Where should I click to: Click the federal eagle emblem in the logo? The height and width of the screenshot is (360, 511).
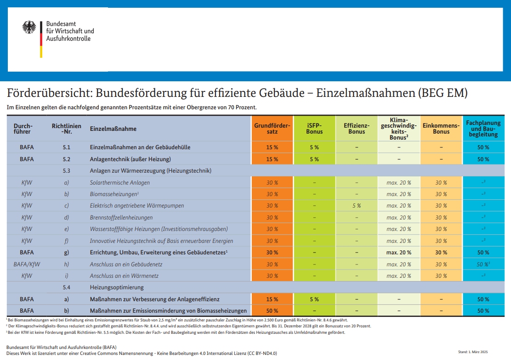[29, 28]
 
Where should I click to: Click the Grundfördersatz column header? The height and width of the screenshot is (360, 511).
[272, 129]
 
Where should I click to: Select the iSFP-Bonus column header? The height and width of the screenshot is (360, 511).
[314, 129]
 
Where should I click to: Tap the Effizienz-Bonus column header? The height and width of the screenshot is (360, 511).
[356, 129]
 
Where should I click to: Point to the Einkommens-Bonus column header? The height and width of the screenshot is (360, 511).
[441, 129]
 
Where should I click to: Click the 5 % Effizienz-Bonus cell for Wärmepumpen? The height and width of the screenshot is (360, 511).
[356, 206]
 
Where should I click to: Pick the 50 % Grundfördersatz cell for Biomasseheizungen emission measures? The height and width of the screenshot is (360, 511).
[272, 311]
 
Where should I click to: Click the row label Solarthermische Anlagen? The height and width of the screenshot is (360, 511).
[119, 183]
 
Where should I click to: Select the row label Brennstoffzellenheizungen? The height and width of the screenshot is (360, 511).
[121, 218]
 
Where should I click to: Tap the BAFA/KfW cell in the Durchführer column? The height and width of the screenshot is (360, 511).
[27, 264]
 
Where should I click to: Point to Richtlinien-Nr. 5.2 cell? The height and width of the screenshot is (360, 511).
[66, 159]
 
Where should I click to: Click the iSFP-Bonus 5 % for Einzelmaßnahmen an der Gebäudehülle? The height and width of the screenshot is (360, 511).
[314, 147]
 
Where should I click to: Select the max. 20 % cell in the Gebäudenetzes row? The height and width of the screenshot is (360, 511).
[398, 253]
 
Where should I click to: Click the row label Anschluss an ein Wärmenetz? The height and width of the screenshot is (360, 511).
[125, 276]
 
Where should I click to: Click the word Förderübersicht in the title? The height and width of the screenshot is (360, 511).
[40, 93]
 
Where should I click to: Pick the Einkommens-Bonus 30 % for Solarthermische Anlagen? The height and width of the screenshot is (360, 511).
[441, 183]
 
